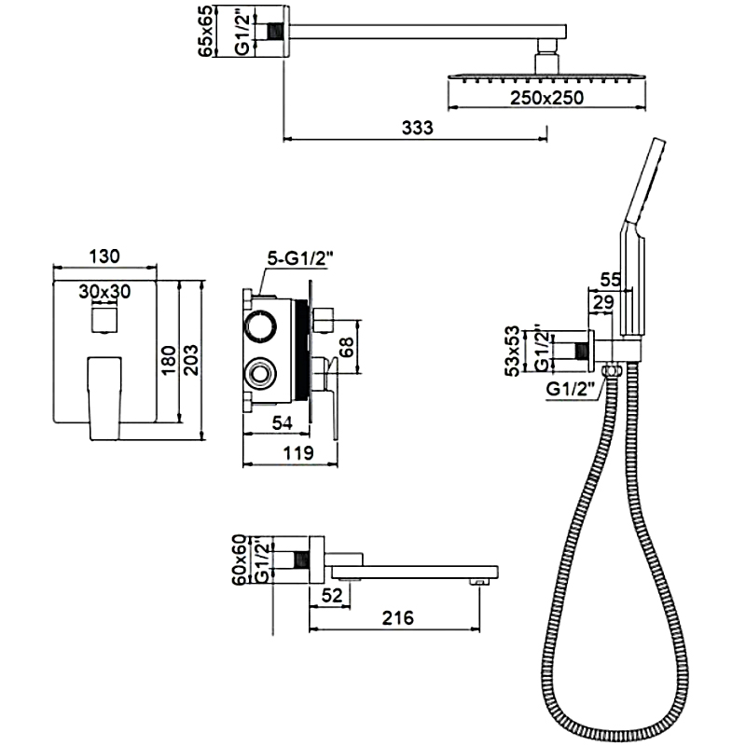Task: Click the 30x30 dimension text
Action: point(104,291)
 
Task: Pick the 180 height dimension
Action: point(169,359)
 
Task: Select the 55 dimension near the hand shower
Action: point(611,279)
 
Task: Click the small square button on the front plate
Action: point(104,322)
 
